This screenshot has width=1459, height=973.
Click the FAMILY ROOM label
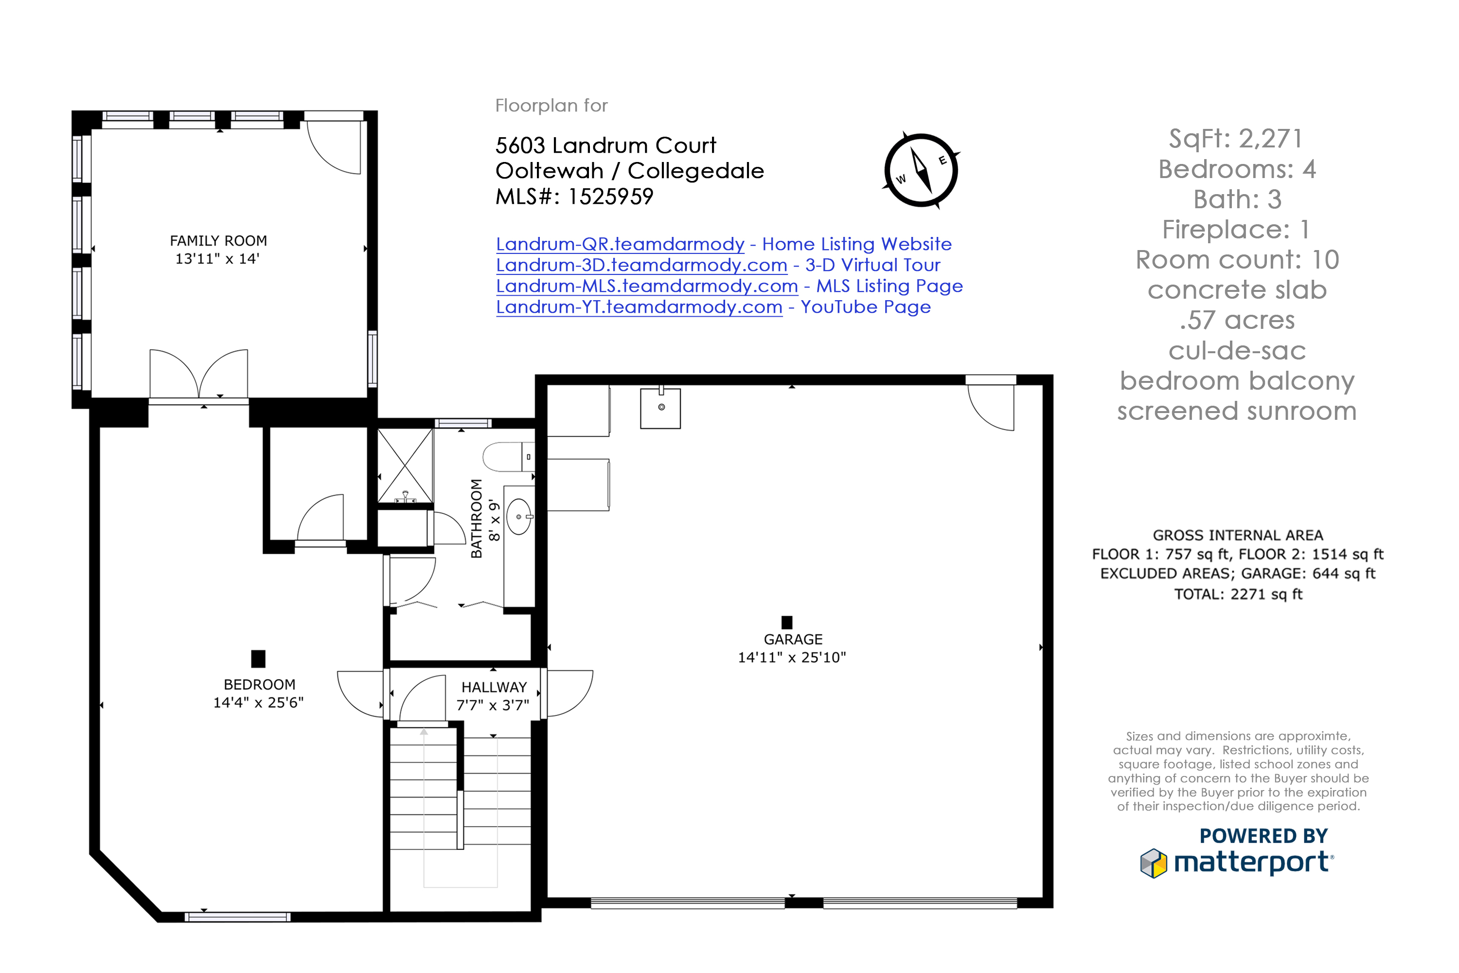pyautogui.click(x=218, y=241)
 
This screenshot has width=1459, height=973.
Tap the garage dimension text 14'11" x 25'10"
pyautogui.click(x=792, y=658)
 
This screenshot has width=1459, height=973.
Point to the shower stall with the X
pyautogui.click(x=405, y=466)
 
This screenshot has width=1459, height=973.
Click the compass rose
pyautogui.click(x=921, y=170)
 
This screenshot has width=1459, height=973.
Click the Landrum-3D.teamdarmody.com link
pyautogui.click(x=641, y=266)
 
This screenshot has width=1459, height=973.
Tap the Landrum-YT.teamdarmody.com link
pyautogui.click(x=639, y=307)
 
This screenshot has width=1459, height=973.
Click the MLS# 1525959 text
pyautogui.click(x=574, y=197)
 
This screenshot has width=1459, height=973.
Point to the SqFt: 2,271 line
pyautogui.click(x=1236, y=138)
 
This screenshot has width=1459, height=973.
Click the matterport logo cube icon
pyautogui.click(x=1154, y=863)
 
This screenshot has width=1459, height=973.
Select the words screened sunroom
pyautogui.click(x=1236, y=412)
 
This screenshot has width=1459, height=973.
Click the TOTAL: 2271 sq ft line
pyautogui.click(x=1238, y=595)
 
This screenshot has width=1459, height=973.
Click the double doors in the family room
pyautogui.click(x=198, y=376)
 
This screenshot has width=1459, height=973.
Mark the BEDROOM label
pyautogui.click(x=259, y=685)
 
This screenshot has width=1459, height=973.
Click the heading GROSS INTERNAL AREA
pyautogui.click(x=1238, y=536)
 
